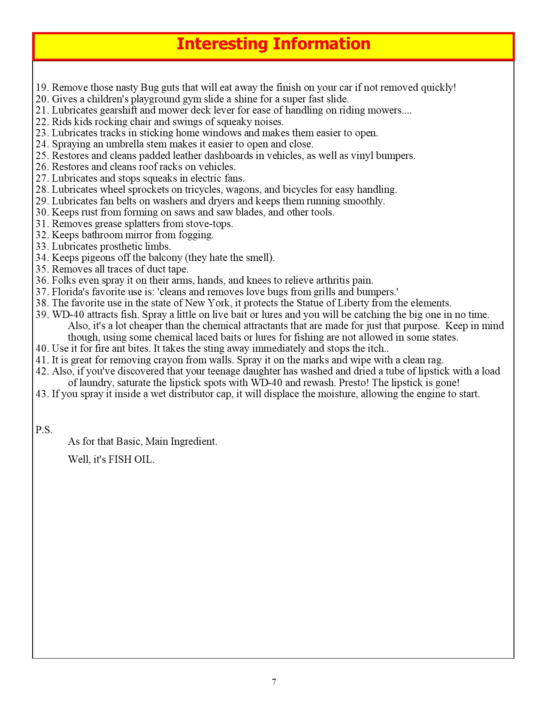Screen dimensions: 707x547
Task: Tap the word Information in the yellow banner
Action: click(321, 44)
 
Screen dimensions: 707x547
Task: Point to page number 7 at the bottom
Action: click(274, 682)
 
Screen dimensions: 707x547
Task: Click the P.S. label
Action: click(44, 430)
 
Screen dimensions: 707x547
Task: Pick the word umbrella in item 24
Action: click(118, 144)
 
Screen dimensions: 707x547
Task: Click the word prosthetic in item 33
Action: click(121, 246)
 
